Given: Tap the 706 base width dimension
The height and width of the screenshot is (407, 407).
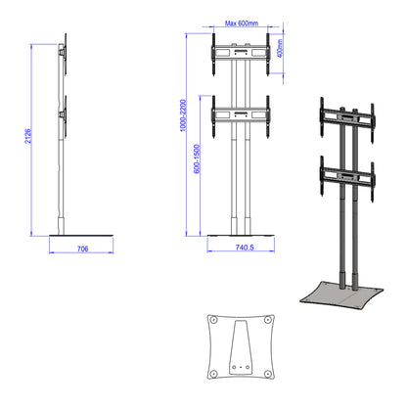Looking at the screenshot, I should pyautogui.click(x=83, y=250).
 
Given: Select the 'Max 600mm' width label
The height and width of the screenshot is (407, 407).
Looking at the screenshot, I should pyautogui.click(x=240, y=23).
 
